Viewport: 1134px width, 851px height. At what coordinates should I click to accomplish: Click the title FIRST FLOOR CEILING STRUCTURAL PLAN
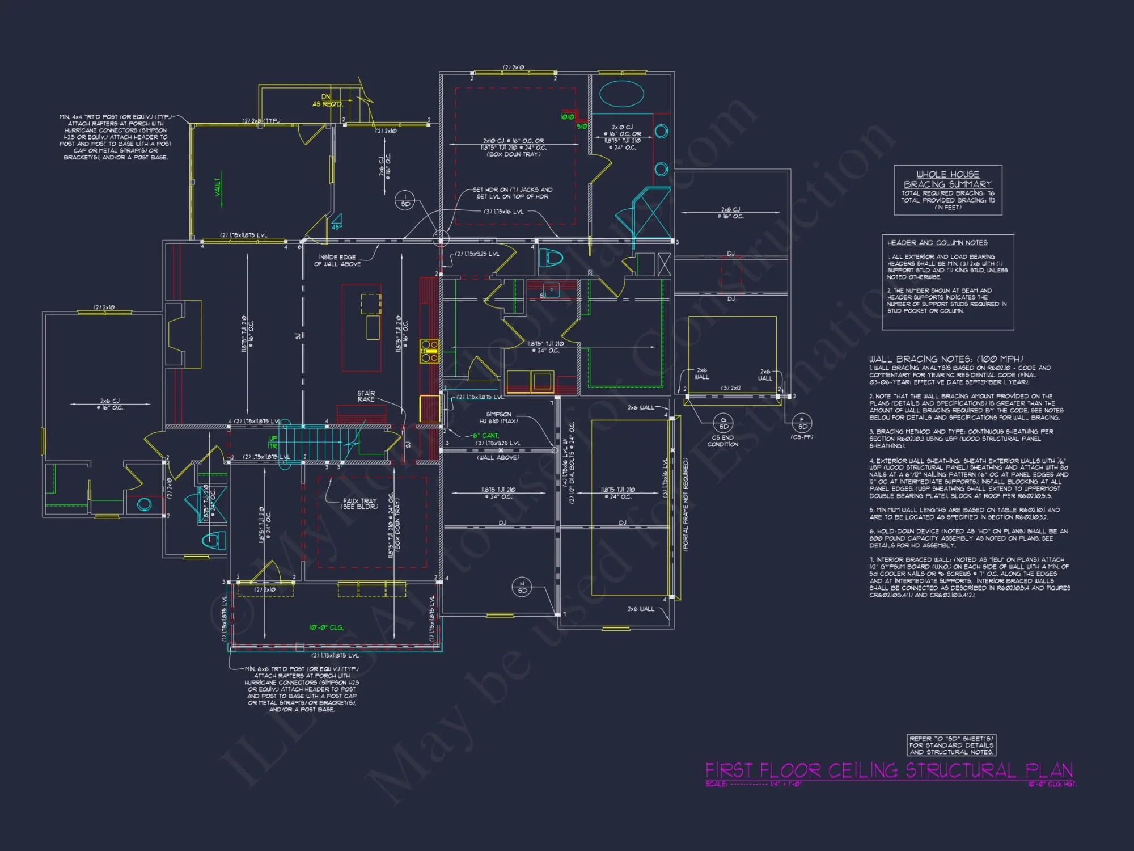pyautogui.click(x=888, y=770)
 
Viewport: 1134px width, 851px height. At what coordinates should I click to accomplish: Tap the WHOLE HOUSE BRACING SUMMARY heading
pyautogui.click(x=947, y=179)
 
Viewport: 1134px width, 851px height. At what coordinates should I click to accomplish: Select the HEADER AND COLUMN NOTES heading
pyautogui.click(x=937, y=243)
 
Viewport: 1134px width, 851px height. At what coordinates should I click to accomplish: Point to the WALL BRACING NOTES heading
pyautogui.click(x=946, y=359)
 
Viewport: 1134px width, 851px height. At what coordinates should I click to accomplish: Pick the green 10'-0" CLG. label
pyautogui.click(x=326, y=627)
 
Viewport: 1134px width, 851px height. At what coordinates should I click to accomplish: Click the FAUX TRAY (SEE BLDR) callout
pyautogui.click(x=359, y=504)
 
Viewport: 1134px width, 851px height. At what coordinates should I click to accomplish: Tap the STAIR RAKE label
pyautogui.click(x=366, y=396)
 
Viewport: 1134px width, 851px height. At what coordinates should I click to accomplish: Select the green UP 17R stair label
pyautogui.click(x=273, y=443)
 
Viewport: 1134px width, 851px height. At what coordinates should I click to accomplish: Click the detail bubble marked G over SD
pyautogui.click(x=723, y=423)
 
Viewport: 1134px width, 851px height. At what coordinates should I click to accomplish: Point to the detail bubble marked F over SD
pyautogui.click(x=802, y=423)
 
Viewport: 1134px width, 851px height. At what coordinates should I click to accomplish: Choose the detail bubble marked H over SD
pyautogui.click(x=522, y=587)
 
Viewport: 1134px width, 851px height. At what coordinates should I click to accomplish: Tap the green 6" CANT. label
pyautogui.click(x=486, y=436)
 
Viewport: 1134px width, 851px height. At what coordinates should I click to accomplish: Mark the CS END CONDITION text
pyautogui.click(x=722, y=441)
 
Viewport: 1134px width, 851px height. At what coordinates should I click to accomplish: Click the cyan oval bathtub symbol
pyautogui.click(x=621, y=94)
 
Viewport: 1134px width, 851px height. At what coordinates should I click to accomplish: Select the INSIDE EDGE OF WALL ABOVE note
pyautogui.click(x=337, y=260)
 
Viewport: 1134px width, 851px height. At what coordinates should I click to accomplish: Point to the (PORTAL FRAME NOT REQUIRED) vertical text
pyautogui.click(x=686, y=505)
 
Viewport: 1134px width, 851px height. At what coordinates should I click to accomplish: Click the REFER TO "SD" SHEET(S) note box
pyautogui.click(x=951, y=745)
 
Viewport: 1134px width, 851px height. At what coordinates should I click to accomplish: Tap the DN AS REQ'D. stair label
pyautogui.click(x=327, y=100)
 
